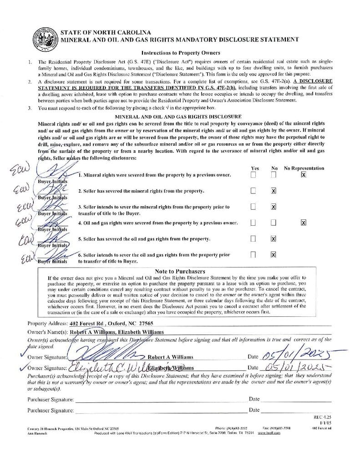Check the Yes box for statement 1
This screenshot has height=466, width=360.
253,175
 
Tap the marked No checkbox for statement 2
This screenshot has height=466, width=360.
274,191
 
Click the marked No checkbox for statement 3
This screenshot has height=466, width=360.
274,207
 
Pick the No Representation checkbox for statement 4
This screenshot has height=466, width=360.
304,223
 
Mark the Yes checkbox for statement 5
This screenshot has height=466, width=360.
253,238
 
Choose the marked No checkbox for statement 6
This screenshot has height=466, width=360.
274,254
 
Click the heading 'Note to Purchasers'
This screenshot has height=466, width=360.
180,271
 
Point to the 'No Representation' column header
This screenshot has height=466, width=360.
304,168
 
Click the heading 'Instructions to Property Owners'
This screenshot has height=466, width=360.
181,53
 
